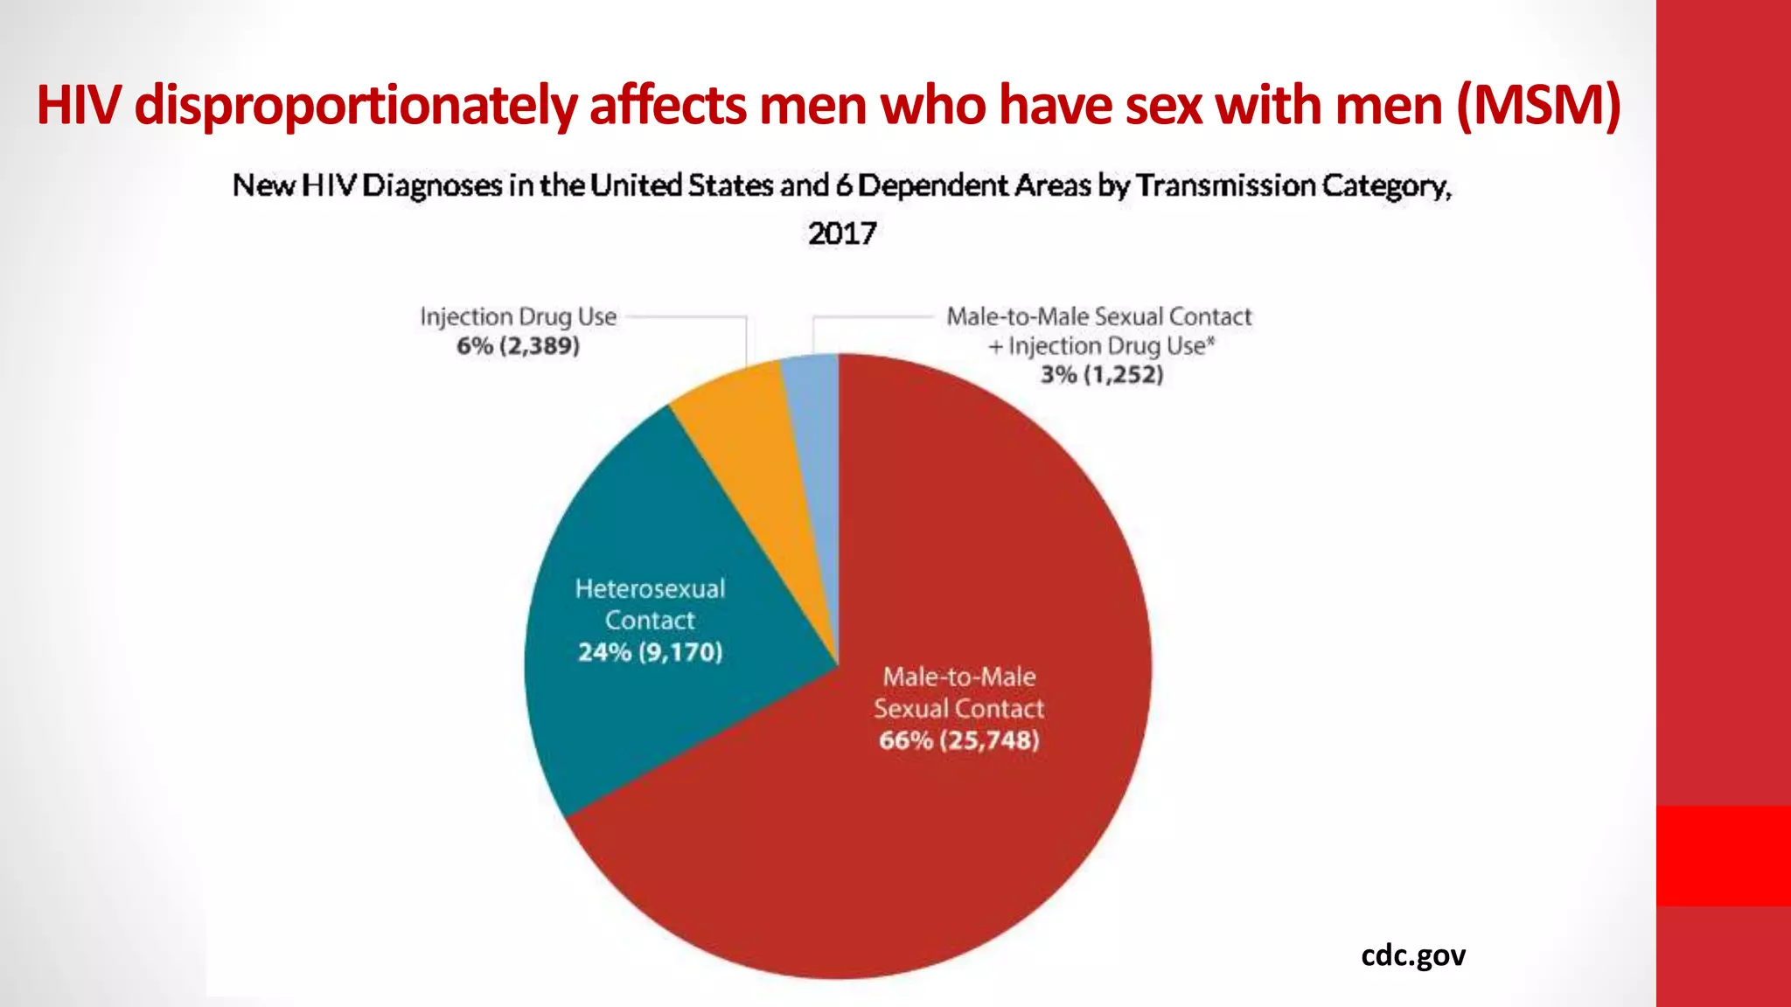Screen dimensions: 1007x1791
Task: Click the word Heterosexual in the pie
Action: (x=650, y=588)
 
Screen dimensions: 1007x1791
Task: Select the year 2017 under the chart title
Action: (x=841, y=233)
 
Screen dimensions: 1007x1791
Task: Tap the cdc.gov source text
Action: (x=1412, y=955)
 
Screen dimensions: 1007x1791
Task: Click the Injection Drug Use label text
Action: (x=518, y=316)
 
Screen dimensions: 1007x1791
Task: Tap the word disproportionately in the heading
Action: (x=354, y=105)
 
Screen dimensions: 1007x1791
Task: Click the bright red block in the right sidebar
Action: (x=1723, y=855)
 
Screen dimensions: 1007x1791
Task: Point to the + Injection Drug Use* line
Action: (x=1101, y=346)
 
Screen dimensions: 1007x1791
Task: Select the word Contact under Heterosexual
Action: (x=650, y=620)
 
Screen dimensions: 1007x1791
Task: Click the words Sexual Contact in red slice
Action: (x=958, y=708)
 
